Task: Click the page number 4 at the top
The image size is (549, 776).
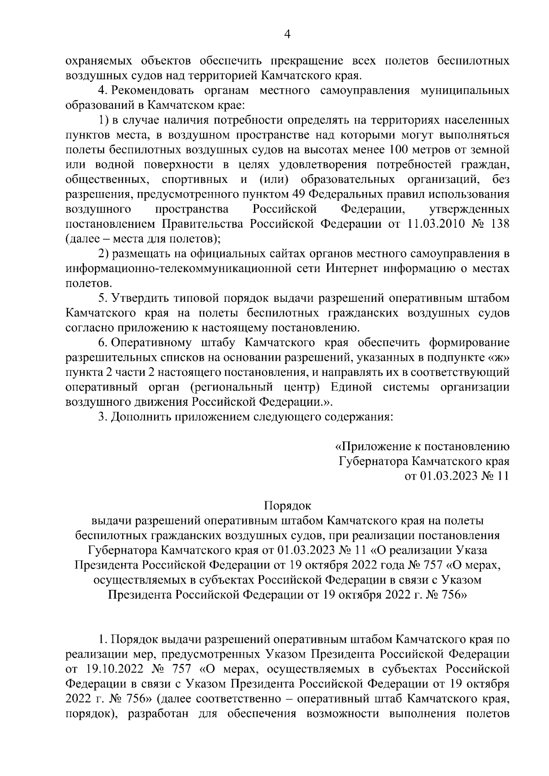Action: pos(288,35)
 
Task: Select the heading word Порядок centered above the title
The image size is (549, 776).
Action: pos(287,506)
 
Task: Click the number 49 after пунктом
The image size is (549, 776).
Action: pos(298,194)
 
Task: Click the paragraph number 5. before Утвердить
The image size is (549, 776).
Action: pos(102,298)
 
